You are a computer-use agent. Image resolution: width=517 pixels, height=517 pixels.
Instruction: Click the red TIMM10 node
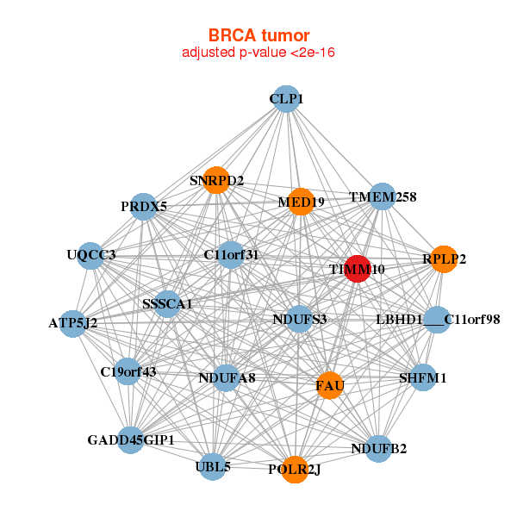tap(357, 269)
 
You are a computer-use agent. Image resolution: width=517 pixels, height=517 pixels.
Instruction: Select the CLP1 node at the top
tap(287, 99)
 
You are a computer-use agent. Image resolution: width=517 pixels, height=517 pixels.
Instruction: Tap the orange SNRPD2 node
tap(216, 180)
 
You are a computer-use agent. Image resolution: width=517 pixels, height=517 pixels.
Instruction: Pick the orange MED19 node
tap(301, 202)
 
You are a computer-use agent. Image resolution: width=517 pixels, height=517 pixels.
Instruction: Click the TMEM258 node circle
tap(382, 196)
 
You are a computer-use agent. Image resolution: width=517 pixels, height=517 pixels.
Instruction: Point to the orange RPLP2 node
tap(444, 259)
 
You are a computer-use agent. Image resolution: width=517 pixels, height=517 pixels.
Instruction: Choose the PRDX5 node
tap(143, 207)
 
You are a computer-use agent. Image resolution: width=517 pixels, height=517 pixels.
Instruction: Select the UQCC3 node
tap(90, 256)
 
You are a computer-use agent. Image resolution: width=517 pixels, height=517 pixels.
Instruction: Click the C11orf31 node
tap(231, 254)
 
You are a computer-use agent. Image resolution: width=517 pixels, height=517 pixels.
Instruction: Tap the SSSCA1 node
tap(167, 304)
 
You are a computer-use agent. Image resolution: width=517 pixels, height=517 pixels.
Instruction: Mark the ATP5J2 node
tap(73, 324)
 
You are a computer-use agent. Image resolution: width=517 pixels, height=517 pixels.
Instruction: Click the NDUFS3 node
tap(299, 319)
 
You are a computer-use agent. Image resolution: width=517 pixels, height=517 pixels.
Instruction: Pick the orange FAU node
tap(329, 385)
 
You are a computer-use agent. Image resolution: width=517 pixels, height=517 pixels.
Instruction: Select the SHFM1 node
tap(423, 377)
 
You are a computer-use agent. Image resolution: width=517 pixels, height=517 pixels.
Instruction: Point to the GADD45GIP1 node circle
tap(131, 439)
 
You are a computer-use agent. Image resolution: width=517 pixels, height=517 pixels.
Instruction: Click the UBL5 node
tap(213, 466)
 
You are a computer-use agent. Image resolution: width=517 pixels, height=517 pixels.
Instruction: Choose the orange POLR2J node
tap(295, 470)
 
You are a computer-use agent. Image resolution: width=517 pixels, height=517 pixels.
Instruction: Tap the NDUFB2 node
tap(378, 448)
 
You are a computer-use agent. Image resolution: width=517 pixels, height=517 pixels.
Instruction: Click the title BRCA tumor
tap(258, 35)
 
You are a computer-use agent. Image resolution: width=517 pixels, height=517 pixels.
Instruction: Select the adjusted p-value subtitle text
tap(258, 53)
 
